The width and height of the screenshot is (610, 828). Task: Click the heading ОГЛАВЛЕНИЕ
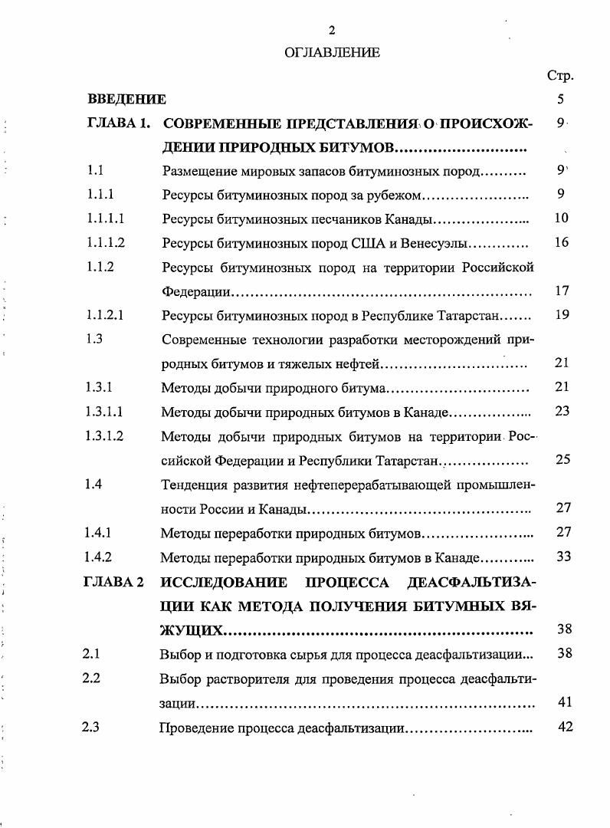(x=332, y=53)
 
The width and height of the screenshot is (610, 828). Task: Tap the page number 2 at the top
(x=332, y=31)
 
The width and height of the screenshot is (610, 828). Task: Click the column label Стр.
(x=560, y=76)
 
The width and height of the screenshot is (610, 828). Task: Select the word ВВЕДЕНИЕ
(x=127, y=99)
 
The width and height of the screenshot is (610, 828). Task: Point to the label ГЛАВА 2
(x=113, y=581)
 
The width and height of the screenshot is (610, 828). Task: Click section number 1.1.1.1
(x=106, y=219)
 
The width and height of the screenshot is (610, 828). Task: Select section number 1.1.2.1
(x=106, y=315)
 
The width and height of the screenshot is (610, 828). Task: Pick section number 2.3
(x=91, y=728)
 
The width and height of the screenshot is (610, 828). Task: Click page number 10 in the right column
(x=561, y=219)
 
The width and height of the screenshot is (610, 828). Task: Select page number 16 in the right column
(x=561, y=243)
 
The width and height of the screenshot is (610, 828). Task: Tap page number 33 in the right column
(x=563, y=557)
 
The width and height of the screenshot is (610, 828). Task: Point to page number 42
(x=565, y=727)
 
